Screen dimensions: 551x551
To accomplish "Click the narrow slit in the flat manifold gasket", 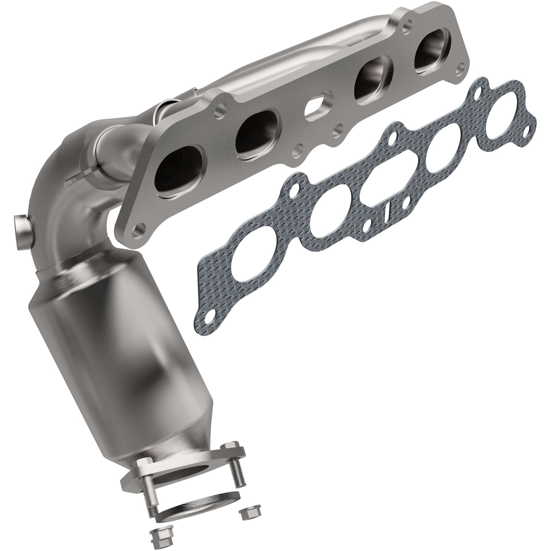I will [x=387, y=210].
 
